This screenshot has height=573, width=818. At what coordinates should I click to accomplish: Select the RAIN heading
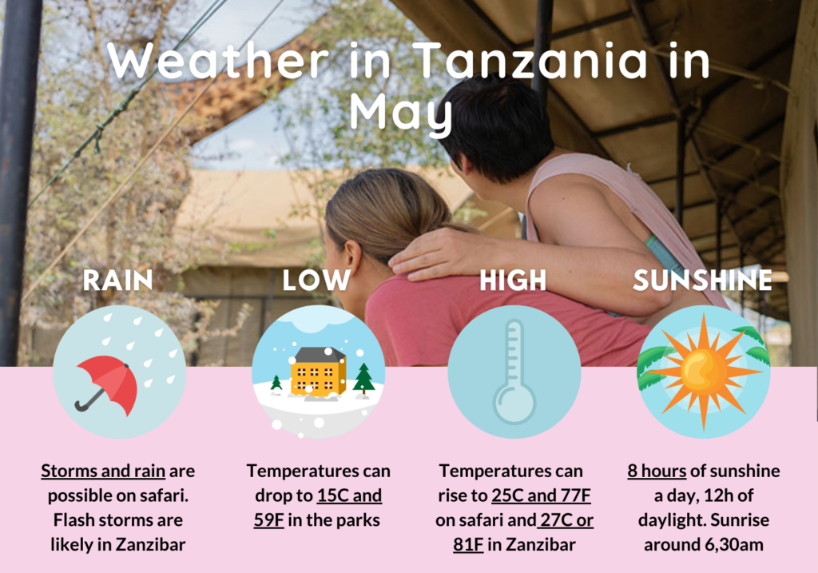coord(118,281)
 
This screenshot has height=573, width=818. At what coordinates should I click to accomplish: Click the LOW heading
coord(316,281)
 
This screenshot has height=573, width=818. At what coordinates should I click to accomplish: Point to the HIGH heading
coord(513,281)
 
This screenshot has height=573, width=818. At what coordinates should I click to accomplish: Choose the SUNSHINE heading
coord(702,281)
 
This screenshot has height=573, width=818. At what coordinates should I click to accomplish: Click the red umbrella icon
coord(108,384)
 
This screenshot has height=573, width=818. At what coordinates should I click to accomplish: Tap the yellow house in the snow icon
coord(318,371)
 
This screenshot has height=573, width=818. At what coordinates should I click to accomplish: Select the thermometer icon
coord(514,372)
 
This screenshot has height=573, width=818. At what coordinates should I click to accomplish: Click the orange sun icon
coord(703,372)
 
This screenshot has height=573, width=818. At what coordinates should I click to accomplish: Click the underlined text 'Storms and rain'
coord(103,471)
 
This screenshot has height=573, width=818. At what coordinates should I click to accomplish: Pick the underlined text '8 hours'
coord(657,471)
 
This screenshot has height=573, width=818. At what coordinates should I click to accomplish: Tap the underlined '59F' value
coord(269,519)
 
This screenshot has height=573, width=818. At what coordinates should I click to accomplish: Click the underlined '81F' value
coord(468,544)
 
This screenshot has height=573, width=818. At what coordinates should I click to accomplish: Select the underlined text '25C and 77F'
coord(541,495)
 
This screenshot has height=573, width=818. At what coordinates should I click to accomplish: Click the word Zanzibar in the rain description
coord(151,544)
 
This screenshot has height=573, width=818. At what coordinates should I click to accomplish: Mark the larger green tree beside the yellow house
coord(363,379)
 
